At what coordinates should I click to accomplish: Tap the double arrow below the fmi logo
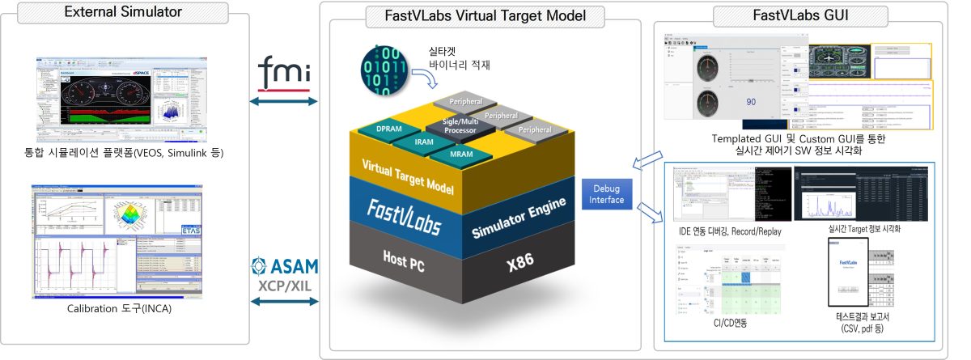click(284, 101)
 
